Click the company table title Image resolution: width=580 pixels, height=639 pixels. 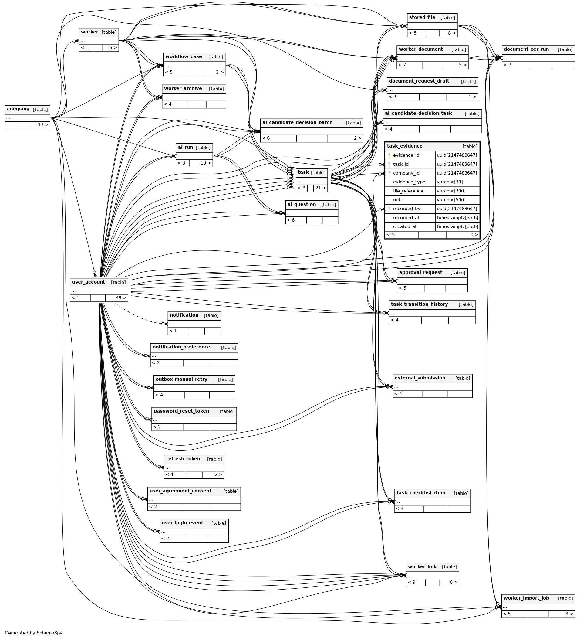click(x=18, y=109)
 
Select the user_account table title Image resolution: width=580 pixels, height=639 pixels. click(x=88, y=282)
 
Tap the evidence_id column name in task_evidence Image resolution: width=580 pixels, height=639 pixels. click(x=406, y=155)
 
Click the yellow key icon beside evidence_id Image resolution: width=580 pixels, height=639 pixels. click(x=389, y=155)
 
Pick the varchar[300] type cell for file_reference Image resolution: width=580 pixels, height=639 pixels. click(x=450, y=191)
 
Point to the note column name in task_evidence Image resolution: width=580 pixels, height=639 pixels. click(x=398, y=200)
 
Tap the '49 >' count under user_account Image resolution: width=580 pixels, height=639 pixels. click(x=121, y=298)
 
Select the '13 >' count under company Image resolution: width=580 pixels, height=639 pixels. click(x=43, y=125)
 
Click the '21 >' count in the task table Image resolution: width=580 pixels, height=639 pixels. click(x=321, y=188)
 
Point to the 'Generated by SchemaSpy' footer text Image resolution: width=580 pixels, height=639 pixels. click(x=34, y=633)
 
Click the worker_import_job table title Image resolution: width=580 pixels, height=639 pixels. click(x=526, y=598)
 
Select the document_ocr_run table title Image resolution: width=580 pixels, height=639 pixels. click(x=526, y=49)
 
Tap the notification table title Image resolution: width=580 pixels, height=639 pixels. click(x=184, y=315)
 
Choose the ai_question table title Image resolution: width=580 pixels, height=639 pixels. click(x=302, y=204)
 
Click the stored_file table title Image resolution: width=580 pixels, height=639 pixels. click(x=422, y=17)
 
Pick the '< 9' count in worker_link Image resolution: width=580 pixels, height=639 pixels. click(x=411, y=582)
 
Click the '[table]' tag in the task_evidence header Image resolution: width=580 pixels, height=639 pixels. click(x=470, y=146)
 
